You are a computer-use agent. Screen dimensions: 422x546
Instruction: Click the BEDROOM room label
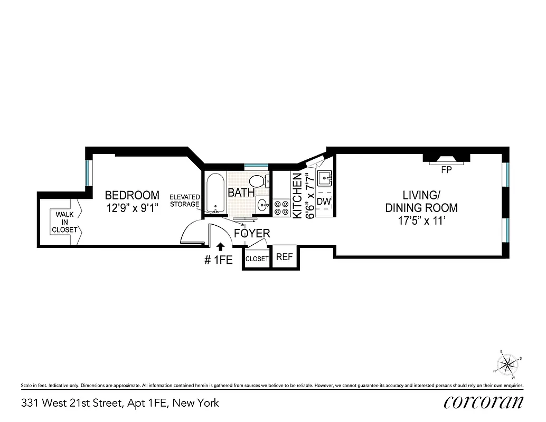[x=132, y=195]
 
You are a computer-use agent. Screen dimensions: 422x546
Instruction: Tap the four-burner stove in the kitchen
[x=281, y=208]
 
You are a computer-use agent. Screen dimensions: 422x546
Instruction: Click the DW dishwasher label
[x=324, y=201]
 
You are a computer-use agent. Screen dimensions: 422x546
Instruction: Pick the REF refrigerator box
[x=284, y=257]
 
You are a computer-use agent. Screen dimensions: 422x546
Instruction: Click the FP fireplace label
[x=446, y=170]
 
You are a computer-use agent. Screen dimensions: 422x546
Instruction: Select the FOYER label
[x=252, y=233]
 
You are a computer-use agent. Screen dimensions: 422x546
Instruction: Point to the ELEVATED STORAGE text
[x=184, y=200]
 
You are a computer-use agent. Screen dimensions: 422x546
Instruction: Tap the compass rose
[x=508, y=364]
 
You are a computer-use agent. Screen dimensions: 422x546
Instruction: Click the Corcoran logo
[x=484, y=402]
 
